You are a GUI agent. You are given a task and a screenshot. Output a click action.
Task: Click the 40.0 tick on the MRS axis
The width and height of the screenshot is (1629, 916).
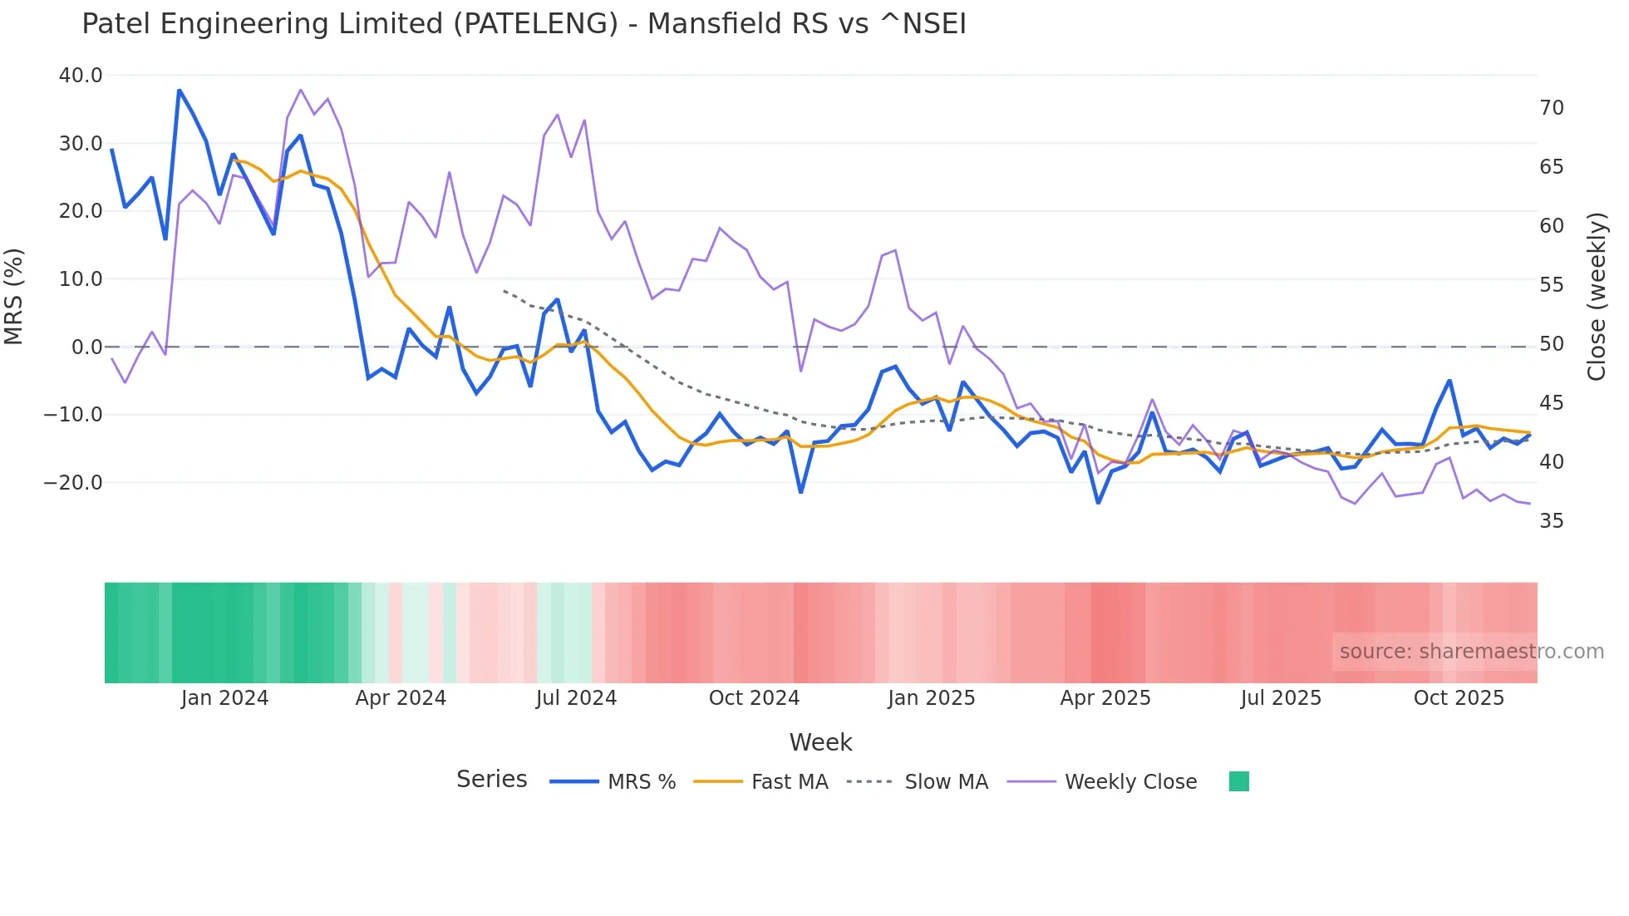click(80, 76)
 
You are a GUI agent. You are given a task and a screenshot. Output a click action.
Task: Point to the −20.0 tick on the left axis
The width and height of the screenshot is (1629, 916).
click(73, 483)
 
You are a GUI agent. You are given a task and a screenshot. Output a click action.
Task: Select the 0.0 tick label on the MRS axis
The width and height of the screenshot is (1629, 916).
click(86, 347)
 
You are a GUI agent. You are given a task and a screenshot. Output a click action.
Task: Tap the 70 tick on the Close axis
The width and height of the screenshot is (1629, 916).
click(1551, 108)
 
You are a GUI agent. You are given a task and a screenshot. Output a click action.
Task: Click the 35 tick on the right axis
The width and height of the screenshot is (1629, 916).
click(1551, 521)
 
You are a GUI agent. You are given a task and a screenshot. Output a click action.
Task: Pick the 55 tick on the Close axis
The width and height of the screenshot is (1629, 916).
click(1551, 285)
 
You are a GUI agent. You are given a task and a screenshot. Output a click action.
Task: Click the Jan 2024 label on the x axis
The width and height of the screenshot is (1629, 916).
click(224, 698)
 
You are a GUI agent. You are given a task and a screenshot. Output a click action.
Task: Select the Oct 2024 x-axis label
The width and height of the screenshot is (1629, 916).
click(754, 698)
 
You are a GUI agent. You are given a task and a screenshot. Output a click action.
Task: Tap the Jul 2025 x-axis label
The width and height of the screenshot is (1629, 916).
click(1281, 698)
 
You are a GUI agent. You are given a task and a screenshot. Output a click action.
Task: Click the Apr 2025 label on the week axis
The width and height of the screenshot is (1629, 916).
click(1105, 698)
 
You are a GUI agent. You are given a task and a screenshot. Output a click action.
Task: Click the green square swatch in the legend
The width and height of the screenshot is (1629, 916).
click(1238, 781)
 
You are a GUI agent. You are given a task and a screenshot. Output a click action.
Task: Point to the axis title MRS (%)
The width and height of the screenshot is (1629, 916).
click(14, 296)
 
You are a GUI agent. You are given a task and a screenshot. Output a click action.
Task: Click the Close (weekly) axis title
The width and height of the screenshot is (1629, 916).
click(1596, 296)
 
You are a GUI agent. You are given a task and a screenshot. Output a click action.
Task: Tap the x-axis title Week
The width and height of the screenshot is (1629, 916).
click(820, 742)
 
